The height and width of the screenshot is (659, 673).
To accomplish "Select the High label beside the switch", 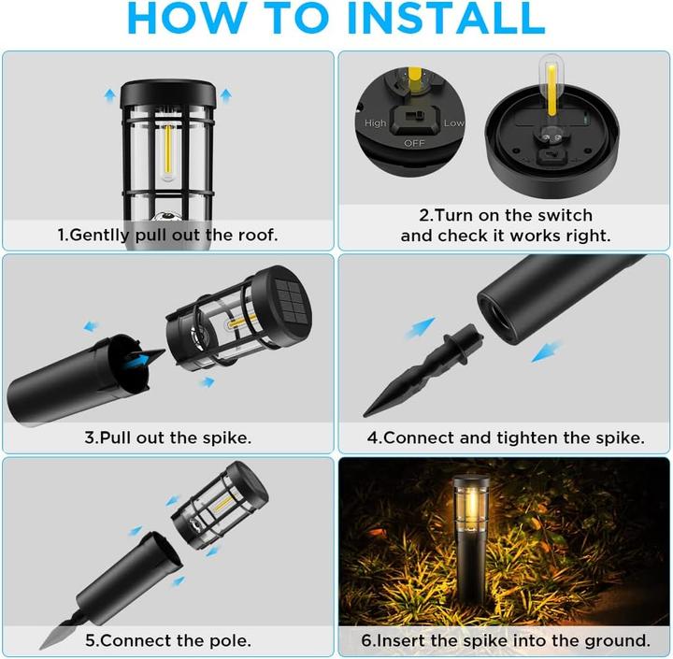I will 376,122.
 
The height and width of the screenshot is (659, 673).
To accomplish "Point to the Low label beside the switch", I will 453,122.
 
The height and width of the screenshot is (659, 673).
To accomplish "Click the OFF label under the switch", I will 413,143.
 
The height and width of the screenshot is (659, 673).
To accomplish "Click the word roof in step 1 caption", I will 257,235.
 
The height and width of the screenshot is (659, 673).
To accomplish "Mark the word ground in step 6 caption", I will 615,640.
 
